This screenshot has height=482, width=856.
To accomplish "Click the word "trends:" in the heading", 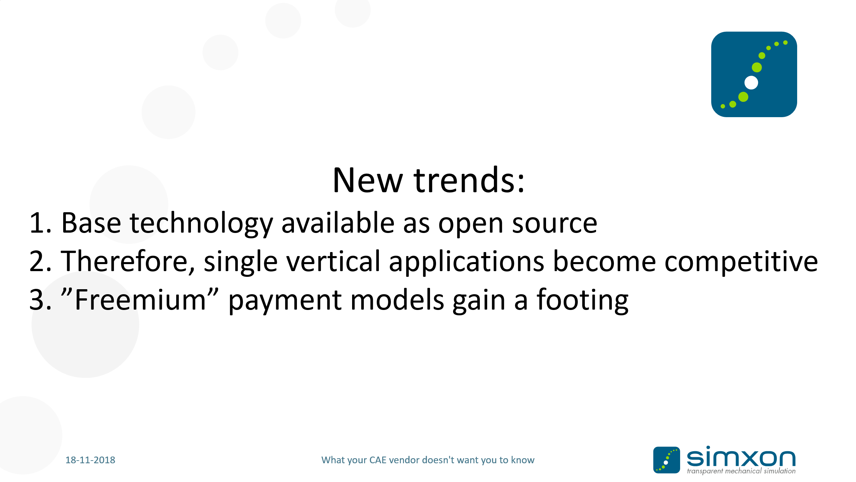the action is click(469, 180).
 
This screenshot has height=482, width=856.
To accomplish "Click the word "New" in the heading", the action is click(368, 181).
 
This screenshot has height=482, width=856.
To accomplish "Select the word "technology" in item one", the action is click(202, 224).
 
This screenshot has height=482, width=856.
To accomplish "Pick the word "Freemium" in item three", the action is click(140, 300).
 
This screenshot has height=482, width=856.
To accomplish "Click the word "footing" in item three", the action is click(582, 300).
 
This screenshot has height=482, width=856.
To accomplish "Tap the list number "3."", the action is click(40, 300).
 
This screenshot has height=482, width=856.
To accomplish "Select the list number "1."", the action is click(40, 223).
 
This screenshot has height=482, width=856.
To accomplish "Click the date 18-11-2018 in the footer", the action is click(90, 460).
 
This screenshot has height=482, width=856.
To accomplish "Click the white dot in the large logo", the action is click(751, 83).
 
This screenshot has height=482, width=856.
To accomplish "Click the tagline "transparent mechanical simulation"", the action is click(741, 471).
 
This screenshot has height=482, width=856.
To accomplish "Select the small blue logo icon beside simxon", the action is click(666, 460).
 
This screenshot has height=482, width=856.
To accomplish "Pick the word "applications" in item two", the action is click(466, 262).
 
